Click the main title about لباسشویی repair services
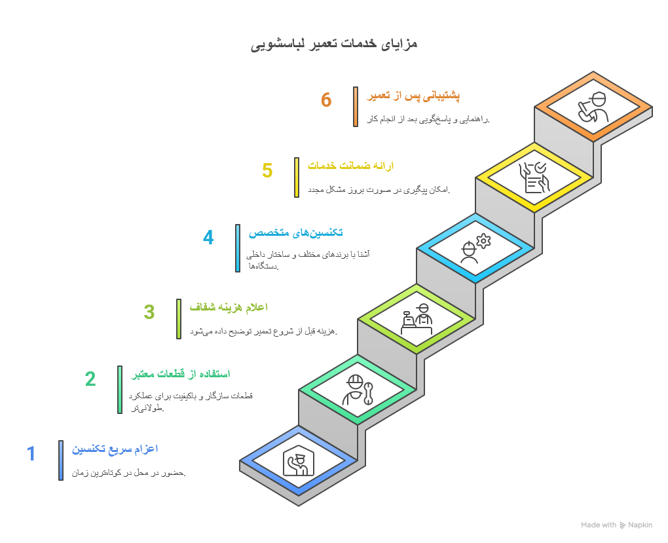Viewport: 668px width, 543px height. tap(334, 45)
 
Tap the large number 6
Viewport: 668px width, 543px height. tap(326, 100)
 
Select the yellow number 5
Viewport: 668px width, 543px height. tap(267, 170)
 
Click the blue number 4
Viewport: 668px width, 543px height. tap(208, 237)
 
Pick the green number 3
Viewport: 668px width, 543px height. tap(149, 312)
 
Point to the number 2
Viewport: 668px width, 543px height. tap(90, 379)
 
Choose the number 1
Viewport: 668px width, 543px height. tap(31, 453)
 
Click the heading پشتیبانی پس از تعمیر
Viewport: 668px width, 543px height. tap(413, 96)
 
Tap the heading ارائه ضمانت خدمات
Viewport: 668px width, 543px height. tap(350, 166)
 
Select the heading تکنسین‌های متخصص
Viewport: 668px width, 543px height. tap(295, 233)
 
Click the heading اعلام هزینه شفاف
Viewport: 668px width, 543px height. tap(229, 307)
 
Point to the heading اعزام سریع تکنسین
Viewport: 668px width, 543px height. tap(115, 449)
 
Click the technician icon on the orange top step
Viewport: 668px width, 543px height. tap(593, 107)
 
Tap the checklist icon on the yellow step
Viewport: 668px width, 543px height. tap(534, 178)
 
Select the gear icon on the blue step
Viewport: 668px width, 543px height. tap(483, 241)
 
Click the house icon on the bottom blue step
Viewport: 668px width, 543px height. tap(299, 461)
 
